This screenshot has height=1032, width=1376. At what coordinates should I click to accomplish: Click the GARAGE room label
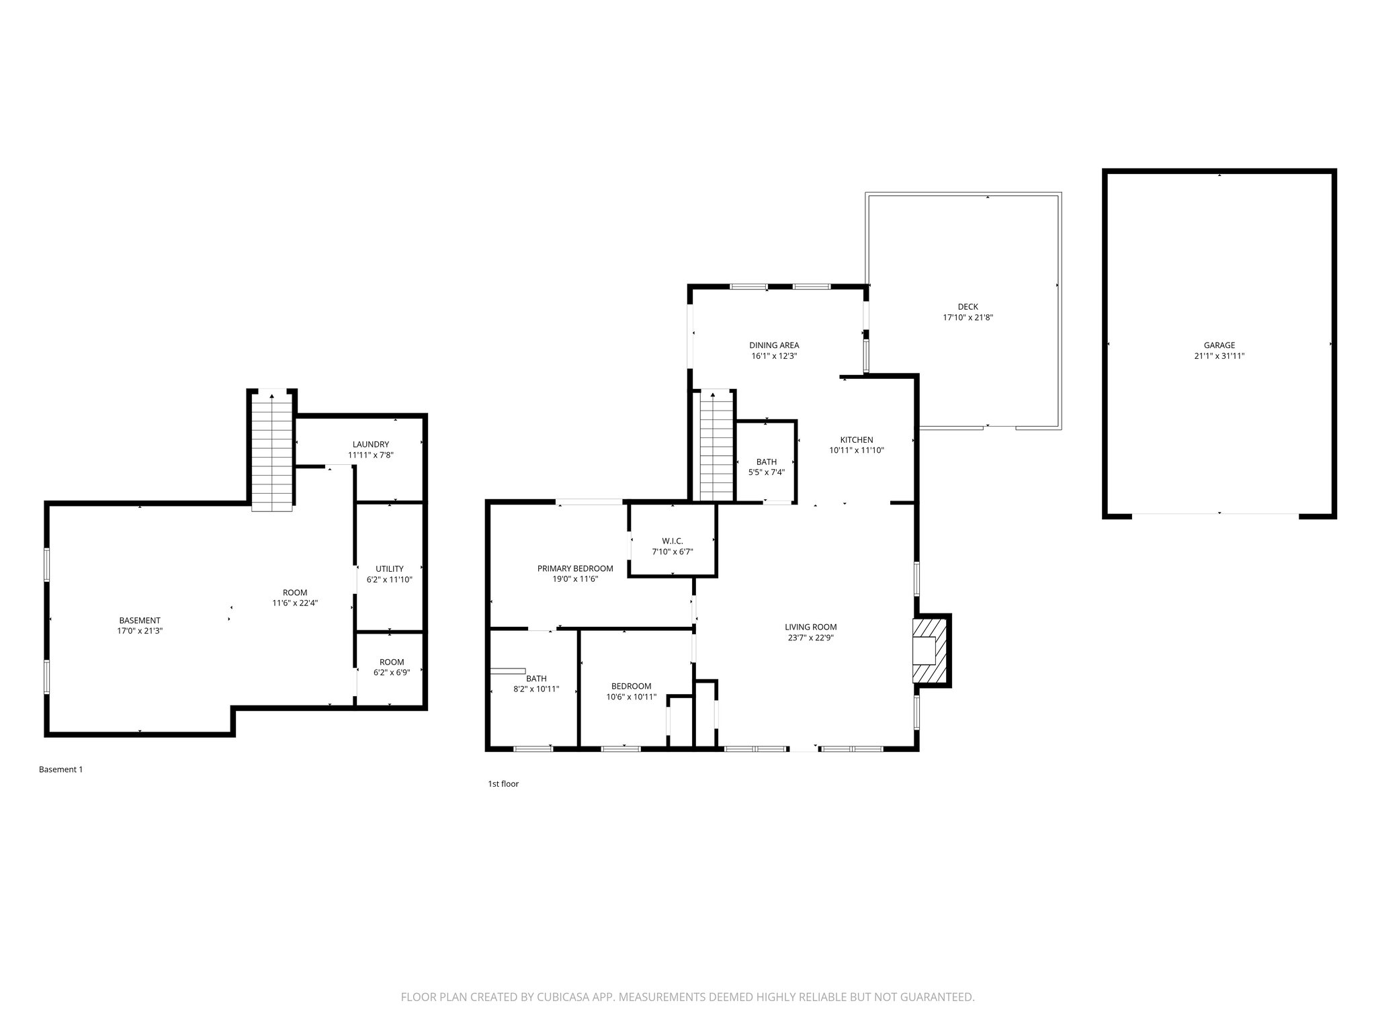click(x=1219, y=345)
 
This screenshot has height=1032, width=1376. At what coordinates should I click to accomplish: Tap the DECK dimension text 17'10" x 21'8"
click(x=967, y=318)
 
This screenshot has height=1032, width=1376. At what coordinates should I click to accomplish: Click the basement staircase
click(x=272, y=451)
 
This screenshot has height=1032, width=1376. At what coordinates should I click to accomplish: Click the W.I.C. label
click(x=673, y=541)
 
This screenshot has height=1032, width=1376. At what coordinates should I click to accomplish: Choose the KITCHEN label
click(x=856, y=440)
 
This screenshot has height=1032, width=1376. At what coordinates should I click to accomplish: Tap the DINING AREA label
click(x=774, y=345)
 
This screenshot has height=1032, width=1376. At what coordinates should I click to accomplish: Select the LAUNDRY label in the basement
click(x=370, y=444)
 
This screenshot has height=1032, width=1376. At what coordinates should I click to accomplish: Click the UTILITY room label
click(x=389, y=569)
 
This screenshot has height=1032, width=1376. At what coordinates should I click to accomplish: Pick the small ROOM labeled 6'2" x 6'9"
click(x=391, y=667)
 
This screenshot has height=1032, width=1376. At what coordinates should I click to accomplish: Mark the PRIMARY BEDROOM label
click(x=575, y=568)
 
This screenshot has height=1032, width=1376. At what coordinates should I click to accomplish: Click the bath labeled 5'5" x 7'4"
click(x=766, y=467)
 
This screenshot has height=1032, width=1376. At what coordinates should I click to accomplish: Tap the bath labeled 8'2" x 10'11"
click(x=536, y=684)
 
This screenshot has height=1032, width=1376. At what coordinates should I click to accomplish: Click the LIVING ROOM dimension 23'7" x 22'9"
click(x=810, y=638)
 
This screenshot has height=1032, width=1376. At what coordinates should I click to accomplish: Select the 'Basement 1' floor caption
click(x=60, y=769)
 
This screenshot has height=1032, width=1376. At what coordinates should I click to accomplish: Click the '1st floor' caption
click(x=503, y=783)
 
